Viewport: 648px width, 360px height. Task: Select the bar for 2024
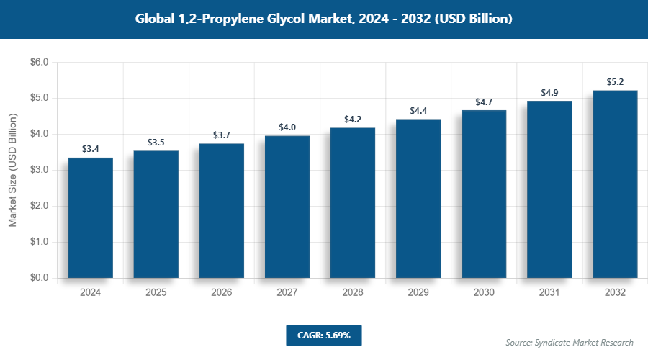(91, 217)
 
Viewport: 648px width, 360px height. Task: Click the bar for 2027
(287, 207)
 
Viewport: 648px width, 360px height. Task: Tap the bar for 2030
(484, 194)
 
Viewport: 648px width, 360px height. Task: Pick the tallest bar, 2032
(615, 184)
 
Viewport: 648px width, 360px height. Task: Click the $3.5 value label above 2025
(156, 143)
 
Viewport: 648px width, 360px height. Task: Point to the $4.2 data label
(353, 120)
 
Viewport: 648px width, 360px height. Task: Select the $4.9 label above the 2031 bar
(549, 93)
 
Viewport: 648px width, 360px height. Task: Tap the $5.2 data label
(615, 82)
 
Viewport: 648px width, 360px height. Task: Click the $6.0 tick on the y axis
(39, 63)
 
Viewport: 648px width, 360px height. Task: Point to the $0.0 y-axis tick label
(39, 278)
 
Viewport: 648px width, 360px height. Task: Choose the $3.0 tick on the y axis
(39, 170)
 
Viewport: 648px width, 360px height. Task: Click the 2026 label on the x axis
(222, 293)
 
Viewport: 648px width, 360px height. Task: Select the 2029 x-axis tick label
(418, 293)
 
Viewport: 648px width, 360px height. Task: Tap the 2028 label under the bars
(353, 293)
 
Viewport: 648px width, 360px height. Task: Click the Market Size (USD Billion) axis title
(12, 170)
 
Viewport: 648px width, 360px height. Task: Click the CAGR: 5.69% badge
(323, 336)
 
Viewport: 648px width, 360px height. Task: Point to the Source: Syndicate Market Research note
(570, 342)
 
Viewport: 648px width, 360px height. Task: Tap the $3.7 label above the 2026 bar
(222, 135)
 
